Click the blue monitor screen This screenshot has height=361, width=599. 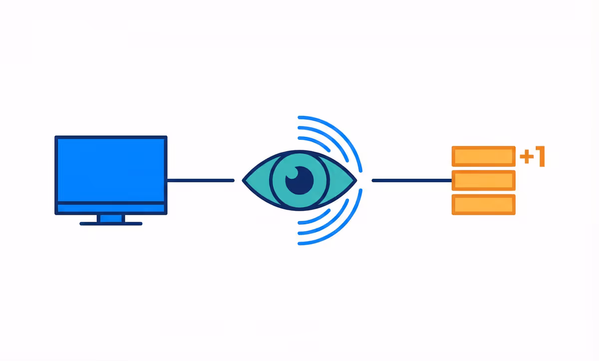pos(110,170)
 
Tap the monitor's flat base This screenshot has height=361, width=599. pos(111,224)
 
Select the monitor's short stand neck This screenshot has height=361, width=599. pos(111,218)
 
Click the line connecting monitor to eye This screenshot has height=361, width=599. pos(200,180)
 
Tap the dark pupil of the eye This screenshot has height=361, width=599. pos(299,181)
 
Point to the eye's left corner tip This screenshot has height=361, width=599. pos(244,180)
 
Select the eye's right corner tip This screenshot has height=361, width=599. pos(355,180)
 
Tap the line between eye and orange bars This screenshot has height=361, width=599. pos(412,180)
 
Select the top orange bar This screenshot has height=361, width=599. pos(483,156)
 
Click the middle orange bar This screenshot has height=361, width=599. pos(483,180)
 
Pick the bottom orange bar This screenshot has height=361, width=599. pos(483,205)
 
